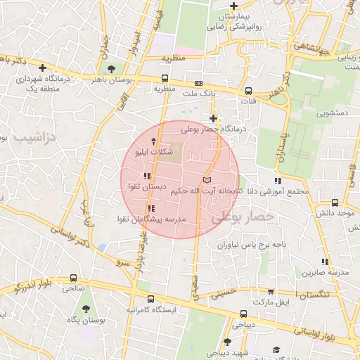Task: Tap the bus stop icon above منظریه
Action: (165, 79)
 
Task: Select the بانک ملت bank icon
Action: (198, 83)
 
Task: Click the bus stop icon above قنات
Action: (248, 90)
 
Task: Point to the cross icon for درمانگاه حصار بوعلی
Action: (214, 118)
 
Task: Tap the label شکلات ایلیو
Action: (149, 151)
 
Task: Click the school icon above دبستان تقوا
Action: (146, 176)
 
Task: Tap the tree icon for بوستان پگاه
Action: (86, 309)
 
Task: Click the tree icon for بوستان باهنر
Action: (111, 68)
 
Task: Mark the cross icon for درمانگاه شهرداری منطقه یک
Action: (44, 68)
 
